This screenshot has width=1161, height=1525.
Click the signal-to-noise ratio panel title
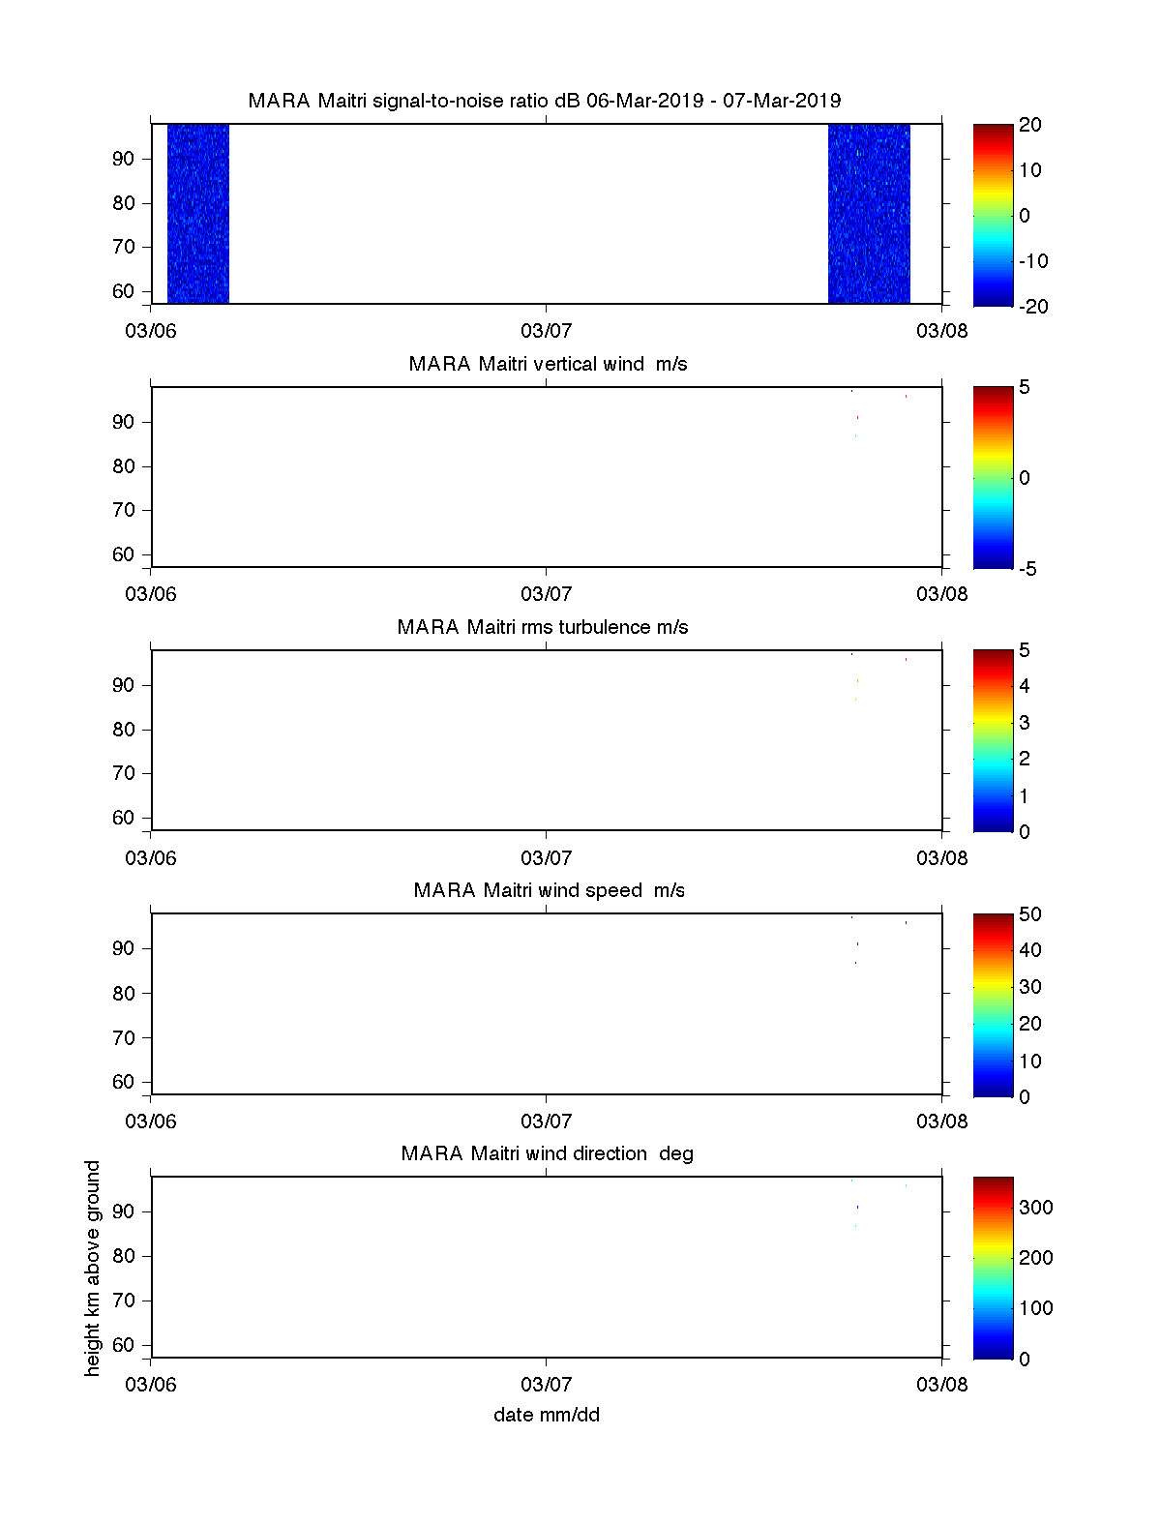(545, 101)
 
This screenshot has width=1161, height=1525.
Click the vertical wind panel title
(548, 364)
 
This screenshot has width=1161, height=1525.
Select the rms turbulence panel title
(543, 627)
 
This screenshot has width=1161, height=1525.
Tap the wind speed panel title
(549, 890)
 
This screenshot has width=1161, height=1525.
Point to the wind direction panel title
(547, 1153)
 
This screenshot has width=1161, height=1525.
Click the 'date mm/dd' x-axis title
(547, 1415)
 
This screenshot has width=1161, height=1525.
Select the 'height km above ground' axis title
(93, 1268)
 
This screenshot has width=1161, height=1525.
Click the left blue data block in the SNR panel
(198, 213)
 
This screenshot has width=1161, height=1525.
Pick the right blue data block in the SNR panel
(869, 213)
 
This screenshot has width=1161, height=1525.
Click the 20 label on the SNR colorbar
(1030, 125)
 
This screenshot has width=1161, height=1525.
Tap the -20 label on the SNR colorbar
(1031, 307)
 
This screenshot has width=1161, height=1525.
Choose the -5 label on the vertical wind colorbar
(1027, 569)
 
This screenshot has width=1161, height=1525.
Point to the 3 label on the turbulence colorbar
(1025, 723)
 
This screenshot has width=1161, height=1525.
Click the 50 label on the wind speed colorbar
(1030, 914)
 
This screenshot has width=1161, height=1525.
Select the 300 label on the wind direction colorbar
(1035, 1207)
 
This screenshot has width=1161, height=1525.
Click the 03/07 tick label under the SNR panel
(547, 331)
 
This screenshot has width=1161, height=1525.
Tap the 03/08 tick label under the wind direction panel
(941, 1384)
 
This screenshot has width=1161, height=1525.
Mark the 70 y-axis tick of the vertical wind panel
(124, 510)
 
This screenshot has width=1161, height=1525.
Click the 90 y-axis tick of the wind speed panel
(124, 948)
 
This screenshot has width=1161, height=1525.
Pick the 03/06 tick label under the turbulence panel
(151, 857)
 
